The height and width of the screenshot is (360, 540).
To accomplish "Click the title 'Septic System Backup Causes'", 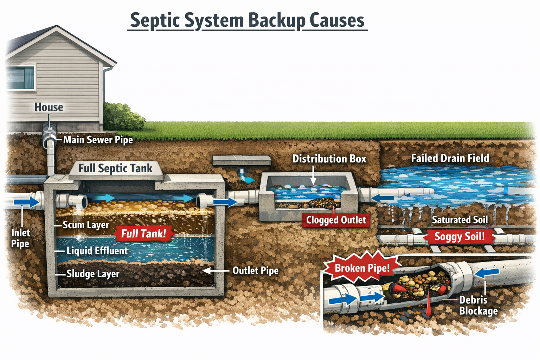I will pos(247,20).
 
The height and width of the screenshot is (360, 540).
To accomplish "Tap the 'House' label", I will pos(49,107).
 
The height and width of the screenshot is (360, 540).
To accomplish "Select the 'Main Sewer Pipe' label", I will pos(98,140).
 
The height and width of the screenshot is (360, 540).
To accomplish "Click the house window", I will pos(20,77).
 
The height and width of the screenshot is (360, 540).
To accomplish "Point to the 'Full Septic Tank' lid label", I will pos(115,168).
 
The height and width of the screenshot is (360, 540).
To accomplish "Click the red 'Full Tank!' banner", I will pos(143,233).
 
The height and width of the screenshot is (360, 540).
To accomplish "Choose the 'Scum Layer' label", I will pos(85,225).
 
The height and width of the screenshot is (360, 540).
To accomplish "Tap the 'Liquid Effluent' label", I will pos(97,251).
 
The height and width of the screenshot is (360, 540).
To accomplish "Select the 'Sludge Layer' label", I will pos(93,274).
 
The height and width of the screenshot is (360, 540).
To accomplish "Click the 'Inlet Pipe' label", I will pos(20,238).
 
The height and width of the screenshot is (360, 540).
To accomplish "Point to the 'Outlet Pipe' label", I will pos(255,271).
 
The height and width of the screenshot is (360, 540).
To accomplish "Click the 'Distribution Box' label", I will pos(329,159).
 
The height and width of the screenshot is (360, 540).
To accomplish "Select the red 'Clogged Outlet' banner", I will pos(336,220).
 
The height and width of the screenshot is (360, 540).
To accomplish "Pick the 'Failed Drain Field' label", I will pos(450,159).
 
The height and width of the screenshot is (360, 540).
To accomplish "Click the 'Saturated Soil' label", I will pos(459,220).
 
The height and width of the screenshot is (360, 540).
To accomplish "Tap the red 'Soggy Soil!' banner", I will pos(459,237).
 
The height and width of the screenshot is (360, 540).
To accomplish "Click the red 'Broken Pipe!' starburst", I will pos(362,268).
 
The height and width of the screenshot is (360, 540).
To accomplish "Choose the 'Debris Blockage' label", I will pos(478,306).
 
